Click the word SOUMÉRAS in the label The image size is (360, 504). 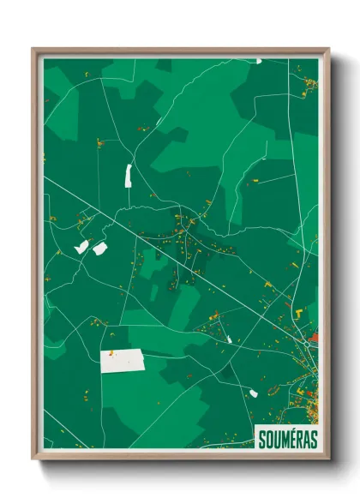click(287, 439)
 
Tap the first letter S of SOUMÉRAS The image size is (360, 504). click(261, 439)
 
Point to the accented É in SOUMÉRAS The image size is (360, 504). click(290, 439)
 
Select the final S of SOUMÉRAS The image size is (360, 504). click(313, 439)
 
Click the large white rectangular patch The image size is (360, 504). click(122, 361)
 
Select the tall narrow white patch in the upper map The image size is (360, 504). click(129, 176)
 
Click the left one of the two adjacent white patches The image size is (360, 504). click(82, 247)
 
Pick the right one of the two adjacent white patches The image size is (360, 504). click(99, 249)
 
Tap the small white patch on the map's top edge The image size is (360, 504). click(258, 61)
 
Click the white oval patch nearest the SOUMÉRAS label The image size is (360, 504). click(253, 393)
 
